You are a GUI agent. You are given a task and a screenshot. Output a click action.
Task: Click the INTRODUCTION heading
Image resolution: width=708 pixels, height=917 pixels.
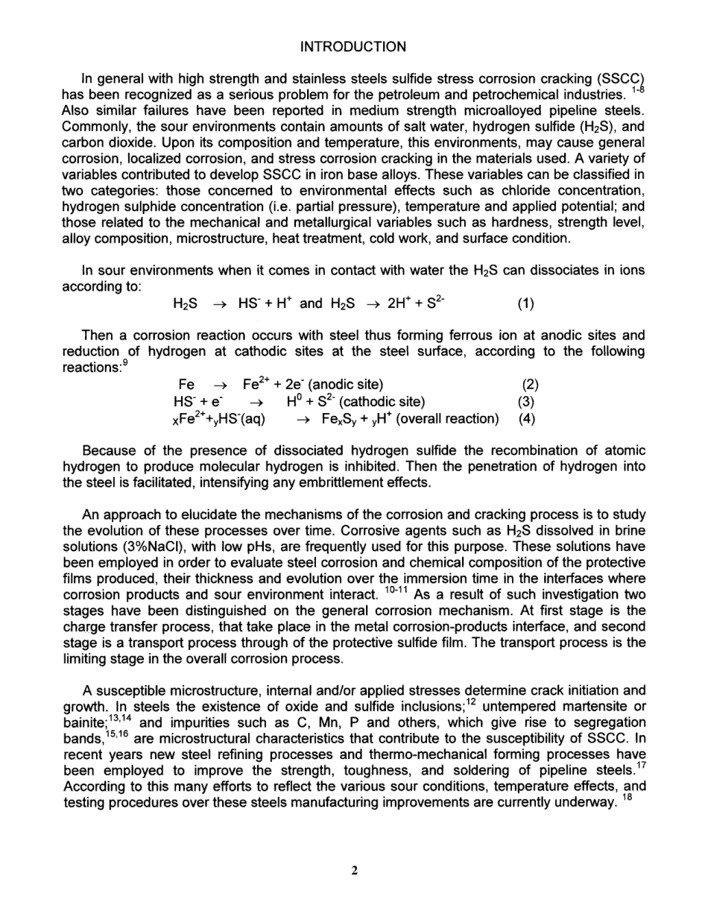click(x=353, y=46)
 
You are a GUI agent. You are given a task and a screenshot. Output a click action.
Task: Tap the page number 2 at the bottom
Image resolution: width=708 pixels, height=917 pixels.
click(x=355, y=870)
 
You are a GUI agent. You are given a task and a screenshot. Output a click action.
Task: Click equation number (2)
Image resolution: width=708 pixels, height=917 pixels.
click(x=530, y=385)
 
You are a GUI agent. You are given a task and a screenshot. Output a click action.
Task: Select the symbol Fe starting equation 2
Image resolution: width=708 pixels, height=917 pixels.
click(x=187, y=385)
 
